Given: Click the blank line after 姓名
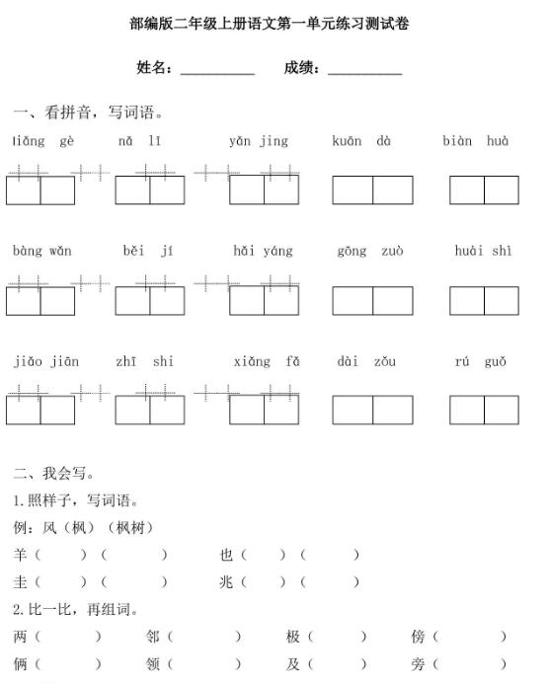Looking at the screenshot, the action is (x=217, y=71).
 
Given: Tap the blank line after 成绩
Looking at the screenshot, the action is (x=364, y=71).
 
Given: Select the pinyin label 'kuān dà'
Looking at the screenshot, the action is (x=361, y=141).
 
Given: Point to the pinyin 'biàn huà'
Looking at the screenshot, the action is (x=475, y=141).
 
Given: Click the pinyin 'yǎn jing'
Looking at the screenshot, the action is (x=259, y=141).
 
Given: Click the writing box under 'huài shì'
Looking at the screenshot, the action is (x=484, y=300).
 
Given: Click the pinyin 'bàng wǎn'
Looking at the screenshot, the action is (x=42, y=252).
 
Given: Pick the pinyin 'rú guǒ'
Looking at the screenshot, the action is (x=481, y=362).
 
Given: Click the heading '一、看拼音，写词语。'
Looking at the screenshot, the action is (x=88, y=112).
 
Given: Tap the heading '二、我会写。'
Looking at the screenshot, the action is (x=54, y=474).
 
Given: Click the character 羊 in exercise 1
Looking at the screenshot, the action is (x=21, y=555).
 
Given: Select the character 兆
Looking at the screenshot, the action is (x=226, y=581).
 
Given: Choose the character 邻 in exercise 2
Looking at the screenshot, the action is (x=152, y=638).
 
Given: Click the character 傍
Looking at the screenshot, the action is (x=418, y=638).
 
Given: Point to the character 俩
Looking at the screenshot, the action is (x=21, y=664).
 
